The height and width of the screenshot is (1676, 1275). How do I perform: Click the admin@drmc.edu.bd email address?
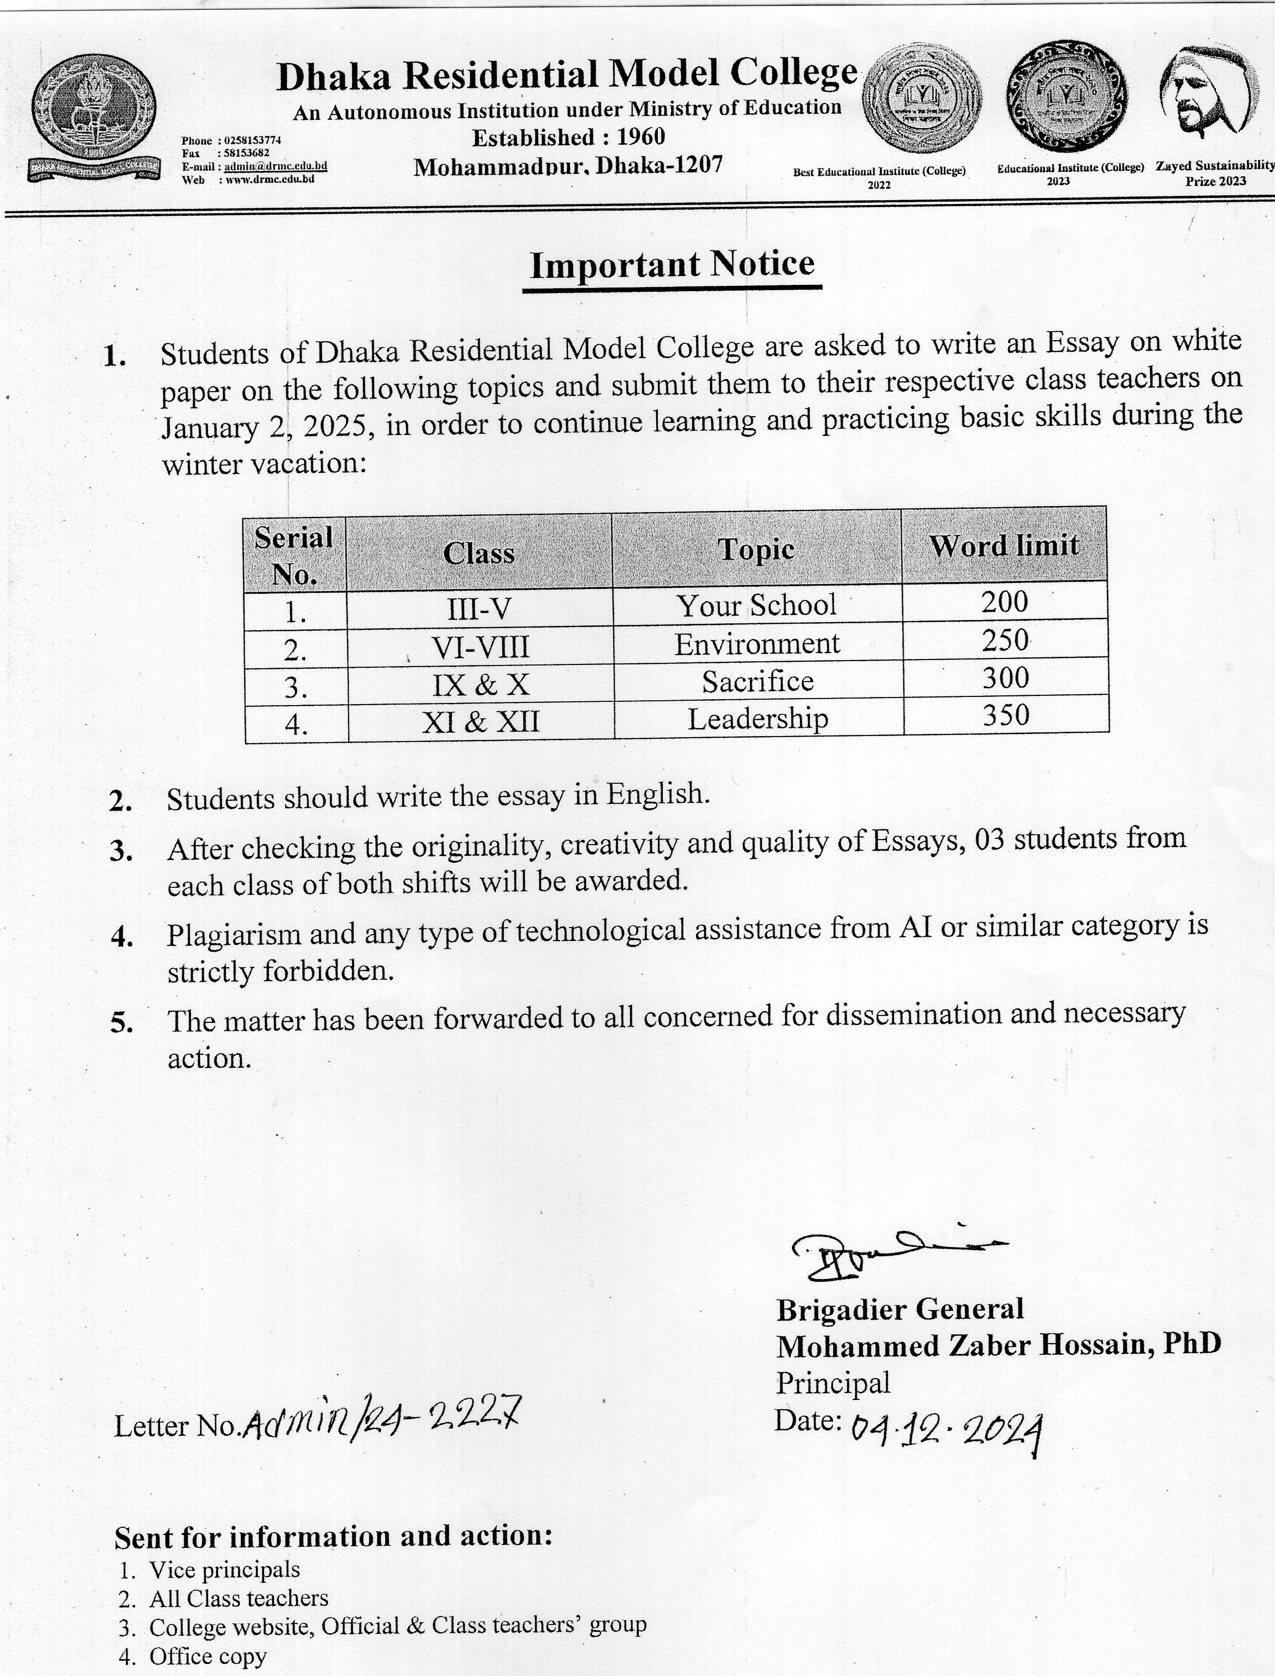point(275,166)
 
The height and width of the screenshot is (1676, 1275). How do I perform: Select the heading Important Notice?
point(671,265)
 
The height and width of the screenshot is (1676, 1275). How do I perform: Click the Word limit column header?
point(1003,546)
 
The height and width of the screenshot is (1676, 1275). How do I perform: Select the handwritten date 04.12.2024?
point(946,1431)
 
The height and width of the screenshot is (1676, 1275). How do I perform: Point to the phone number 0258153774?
point(253,140)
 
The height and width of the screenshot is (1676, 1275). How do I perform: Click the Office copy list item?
point(207,1655)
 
